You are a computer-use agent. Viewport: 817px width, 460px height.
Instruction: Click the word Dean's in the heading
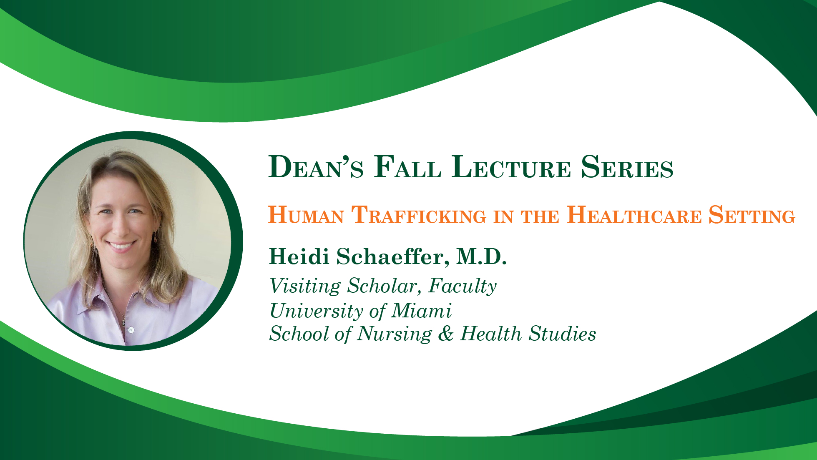[316, 167]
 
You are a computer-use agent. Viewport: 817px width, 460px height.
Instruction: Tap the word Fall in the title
[407, 167]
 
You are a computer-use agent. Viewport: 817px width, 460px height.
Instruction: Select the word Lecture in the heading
[511, 167]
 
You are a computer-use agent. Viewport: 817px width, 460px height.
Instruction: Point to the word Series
[627, 167]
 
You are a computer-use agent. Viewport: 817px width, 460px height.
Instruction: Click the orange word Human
[306, 215]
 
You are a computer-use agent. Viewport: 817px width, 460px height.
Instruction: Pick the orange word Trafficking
[419, 215]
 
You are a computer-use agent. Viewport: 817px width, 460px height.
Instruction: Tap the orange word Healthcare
[634, 215]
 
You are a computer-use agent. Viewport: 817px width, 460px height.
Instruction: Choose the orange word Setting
[752, 215]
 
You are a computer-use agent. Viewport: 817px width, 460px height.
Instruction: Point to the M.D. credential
[482, 256]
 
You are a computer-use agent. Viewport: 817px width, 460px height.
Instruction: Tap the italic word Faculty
[463, 287]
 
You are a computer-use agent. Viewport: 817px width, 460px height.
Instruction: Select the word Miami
[421, 311]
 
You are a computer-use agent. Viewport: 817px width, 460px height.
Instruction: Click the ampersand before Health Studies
[446, 334]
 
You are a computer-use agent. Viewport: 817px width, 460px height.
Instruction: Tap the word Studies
[563, 334]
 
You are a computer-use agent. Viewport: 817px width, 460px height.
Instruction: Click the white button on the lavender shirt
[131, 330]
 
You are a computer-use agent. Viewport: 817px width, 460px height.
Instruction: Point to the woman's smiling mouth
[121, 245]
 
